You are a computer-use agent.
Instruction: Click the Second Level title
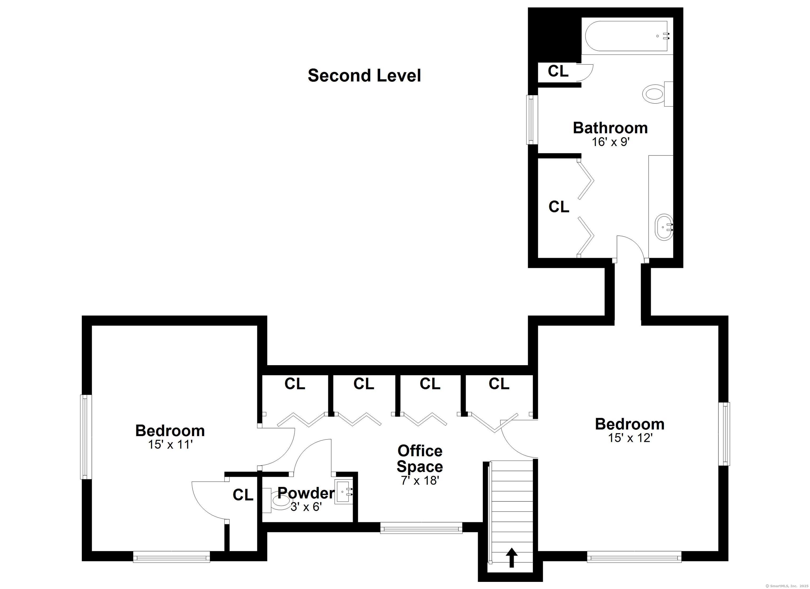[x=364, y=76]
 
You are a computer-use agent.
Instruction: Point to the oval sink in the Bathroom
[x=664, y=227]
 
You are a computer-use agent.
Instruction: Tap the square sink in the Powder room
[x=344, y=492]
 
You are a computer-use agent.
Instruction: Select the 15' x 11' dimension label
[x=170, y=445]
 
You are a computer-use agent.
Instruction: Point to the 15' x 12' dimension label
[x=630, y=438]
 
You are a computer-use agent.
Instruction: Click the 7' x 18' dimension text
[x=420, y=481]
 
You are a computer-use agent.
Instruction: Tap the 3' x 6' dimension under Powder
[x=306, y=506]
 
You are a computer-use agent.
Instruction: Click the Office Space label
[x=420, y=459]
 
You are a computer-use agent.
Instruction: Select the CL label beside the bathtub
[x=558, y=71]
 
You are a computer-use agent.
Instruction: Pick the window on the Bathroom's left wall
[x=532, y=120]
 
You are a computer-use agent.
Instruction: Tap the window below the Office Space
[x=421, y=528]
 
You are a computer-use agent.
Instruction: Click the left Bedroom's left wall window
[x=85, y=437]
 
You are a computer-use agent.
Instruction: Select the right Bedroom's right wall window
[x=724, y=434]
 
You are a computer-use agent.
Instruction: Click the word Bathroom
[x=610, y=128]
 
